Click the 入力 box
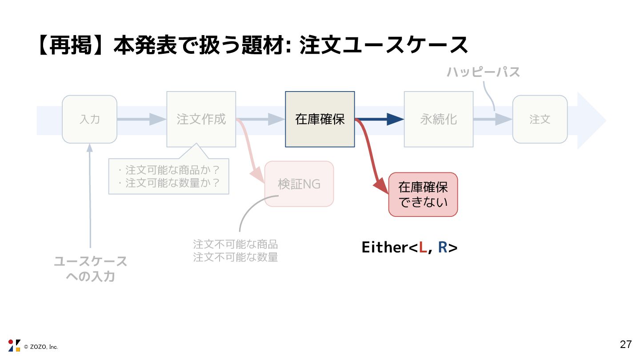(x=89, y=119)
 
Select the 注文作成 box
(x=201, y=119)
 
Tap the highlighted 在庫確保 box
(x=320, y=119)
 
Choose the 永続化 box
(x=438, y=119)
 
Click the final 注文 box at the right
(x=540, y=119)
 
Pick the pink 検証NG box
(x=299, y=184)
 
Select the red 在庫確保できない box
(x=423, y=195)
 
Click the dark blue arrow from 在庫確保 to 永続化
(x=380, y=119)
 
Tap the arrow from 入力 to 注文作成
(x=141, y=119)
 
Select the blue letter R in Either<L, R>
(x=442, y=248)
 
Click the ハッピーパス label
(x=483, y=72)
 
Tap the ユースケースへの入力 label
(x=90, y=268)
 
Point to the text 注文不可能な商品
(x=235, y=244)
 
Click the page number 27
(x=626, y=344)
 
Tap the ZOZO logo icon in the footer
(x=14, y=345)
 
